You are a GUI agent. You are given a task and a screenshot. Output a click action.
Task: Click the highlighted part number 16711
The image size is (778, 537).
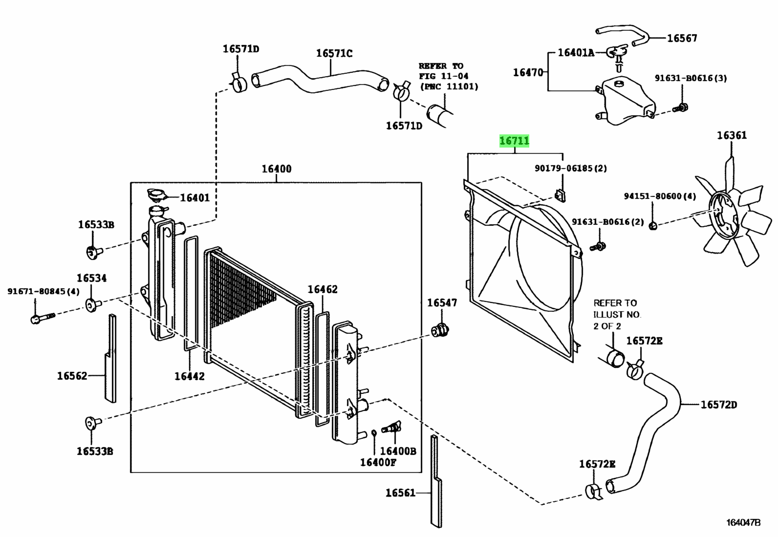coord(514,141)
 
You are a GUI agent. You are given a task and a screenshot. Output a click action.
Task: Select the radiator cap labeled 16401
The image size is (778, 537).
coord(156,195)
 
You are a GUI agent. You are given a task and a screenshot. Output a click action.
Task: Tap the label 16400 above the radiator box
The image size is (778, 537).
coord(277,169)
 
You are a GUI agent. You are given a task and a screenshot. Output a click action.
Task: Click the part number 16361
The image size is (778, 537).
coord(732,135)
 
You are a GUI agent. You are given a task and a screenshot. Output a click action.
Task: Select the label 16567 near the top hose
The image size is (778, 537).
coord(682,38)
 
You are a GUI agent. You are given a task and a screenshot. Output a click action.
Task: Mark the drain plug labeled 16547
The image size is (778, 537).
coord(440,331)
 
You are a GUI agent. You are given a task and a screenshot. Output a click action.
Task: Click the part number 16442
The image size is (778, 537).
coord(190,376)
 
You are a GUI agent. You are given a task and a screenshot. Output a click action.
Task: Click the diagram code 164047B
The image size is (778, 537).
coord(743,522)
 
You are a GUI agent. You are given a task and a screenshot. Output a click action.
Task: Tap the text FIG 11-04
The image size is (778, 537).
coord(443,76)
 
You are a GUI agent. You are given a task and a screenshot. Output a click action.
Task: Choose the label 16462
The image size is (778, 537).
coord(323,289)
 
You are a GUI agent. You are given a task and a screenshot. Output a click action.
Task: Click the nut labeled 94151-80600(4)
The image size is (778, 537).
coord(653,225)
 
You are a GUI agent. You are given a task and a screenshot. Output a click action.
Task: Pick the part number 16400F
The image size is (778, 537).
coord(378,462)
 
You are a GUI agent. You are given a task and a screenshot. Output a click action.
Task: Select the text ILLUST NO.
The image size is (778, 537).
coord(617,315)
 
